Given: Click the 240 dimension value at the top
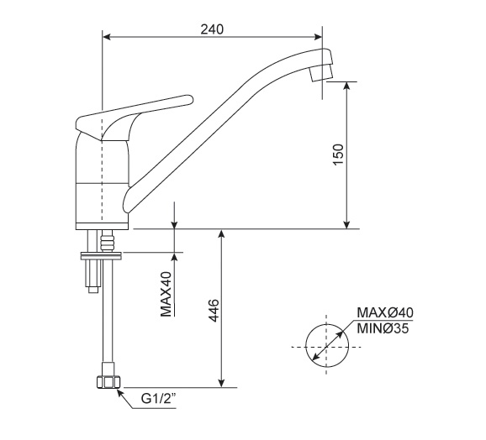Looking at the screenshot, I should click(x=212, y=29).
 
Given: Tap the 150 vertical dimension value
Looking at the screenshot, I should click(x=338, y=155).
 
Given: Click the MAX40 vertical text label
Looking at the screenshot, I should click(x=166, y=294).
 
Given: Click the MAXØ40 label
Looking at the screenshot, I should click(x=385, y=312).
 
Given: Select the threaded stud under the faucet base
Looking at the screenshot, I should click(x=106, y=241).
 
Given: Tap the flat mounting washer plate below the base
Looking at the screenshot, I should click(x=103, y=256).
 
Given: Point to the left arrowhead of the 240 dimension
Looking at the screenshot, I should click(x=108, y=36).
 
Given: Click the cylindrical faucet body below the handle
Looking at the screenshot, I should click(x=102, y=181).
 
